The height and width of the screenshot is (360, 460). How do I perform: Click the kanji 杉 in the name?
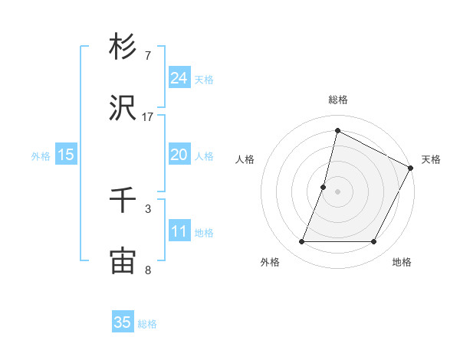[x=123, y=47]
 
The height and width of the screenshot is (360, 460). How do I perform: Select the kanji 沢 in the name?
[x=123, y=108]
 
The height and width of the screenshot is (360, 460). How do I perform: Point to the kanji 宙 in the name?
[x=123, y=261]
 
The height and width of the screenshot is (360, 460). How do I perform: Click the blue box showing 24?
[x=179, y=78]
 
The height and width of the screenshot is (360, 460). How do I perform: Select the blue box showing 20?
[x=179, y=155]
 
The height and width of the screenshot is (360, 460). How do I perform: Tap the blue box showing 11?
[x=179, y=231]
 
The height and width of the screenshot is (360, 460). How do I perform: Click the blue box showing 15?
[x=66, y=155]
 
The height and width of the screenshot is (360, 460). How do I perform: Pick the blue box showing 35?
[x=123, y=322]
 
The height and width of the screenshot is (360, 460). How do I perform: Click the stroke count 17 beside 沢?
[x=148, y=116]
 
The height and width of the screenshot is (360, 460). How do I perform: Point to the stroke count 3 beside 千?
[x=148, y=208]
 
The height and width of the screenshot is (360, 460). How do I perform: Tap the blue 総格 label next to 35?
[x=147, y=324]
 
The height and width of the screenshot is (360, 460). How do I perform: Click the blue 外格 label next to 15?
[x=41, y=156]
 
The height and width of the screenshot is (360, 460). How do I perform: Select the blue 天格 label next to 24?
[x=204, y=80]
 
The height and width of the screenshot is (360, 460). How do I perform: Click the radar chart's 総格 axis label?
[x=337, y=100]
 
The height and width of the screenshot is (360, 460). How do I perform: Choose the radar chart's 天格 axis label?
[x=431, y=159]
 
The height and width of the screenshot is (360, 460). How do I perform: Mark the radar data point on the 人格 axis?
[x=324, y=187]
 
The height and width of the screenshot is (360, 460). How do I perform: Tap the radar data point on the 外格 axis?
[x=301, y=242]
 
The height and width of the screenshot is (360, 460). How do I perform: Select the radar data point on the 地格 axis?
[x=374, y=242]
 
